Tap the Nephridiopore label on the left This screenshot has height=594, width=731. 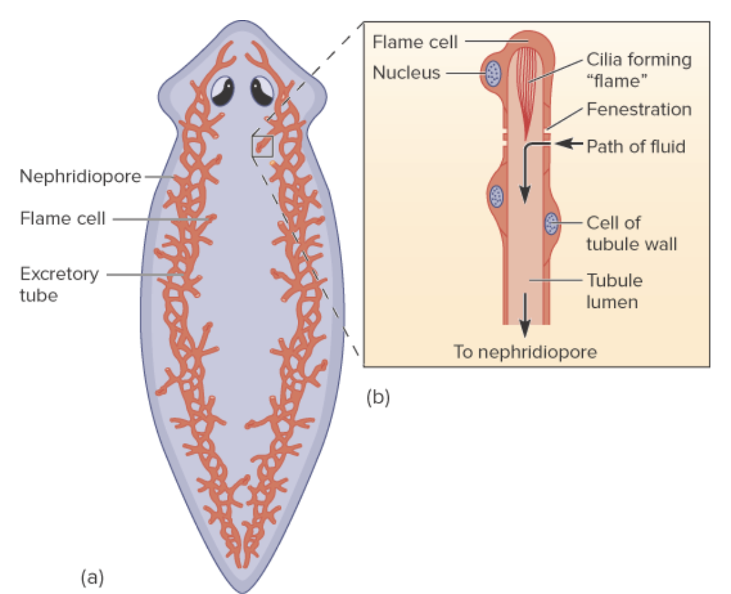point(80,177)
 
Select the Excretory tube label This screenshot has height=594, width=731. point(59,285)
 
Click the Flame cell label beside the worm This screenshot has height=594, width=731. point(62,219)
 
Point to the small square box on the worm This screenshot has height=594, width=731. point(263,145)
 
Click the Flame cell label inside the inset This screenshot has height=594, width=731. point(414,42)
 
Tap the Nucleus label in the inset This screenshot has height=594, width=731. point(406,73)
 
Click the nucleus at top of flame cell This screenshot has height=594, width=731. point(492,73)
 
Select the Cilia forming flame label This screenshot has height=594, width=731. point(638,70)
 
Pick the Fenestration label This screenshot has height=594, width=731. point(638,110)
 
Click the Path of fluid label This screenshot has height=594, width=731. point(636,146)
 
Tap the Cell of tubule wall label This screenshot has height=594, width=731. point(631,233)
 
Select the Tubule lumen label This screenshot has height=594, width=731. point(614,291)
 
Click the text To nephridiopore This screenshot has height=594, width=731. point(525,352)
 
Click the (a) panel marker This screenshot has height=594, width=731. point(92,577)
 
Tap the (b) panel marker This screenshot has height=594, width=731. point(378,396)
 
